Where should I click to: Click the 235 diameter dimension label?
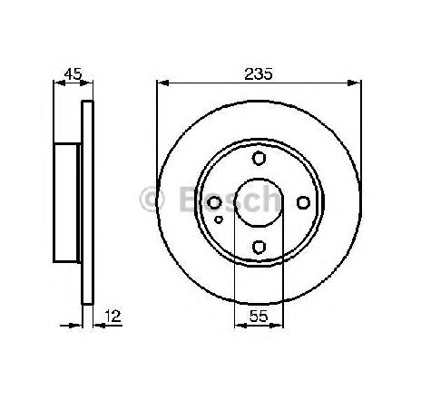[x=259, y=74]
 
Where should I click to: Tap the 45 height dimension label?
[x=73, y=73]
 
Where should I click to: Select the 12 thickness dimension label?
[x=113, y=317]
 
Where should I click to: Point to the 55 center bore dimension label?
[x=259, y=317]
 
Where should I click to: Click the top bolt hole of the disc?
[x=259, y=158]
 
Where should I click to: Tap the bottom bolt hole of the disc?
[x=259, y=247]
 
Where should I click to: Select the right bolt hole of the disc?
[x=303, y=202]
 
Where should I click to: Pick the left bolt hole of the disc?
[x=214, y=202]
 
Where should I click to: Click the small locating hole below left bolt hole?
[x=219, y=220]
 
